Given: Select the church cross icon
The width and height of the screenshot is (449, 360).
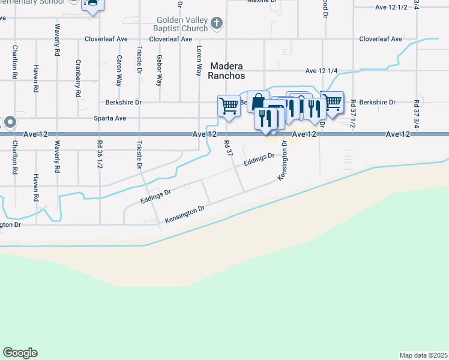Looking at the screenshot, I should coord(217,23).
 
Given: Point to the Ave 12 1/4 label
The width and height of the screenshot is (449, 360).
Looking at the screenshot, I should coord(321,71).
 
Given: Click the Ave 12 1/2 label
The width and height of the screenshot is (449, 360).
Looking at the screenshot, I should coord(391,7).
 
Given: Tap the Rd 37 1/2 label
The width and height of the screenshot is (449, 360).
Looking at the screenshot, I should coord(353,114).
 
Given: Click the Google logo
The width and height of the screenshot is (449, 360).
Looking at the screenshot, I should coord(20,353).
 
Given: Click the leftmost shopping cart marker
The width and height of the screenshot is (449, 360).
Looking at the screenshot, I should coord(229,106).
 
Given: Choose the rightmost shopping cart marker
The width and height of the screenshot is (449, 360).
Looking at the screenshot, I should coord(332,102).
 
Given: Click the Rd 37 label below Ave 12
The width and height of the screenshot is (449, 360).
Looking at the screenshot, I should coord(229,148).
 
